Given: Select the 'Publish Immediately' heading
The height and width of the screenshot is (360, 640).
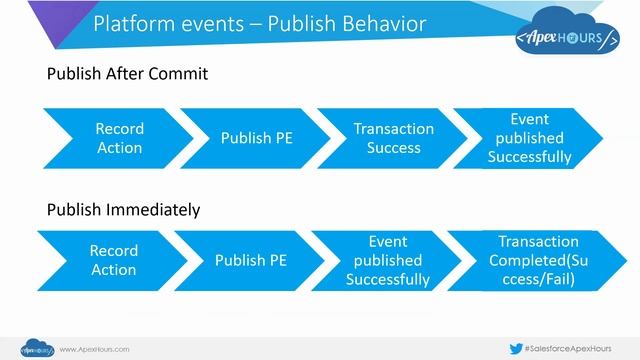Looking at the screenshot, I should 124,210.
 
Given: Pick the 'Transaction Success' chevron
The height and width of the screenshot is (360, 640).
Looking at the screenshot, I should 393,138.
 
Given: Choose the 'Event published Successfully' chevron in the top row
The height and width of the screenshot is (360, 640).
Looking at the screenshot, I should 529,138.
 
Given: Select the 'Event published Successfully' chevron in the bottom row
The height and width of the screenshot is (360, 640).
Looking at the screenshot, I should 386,260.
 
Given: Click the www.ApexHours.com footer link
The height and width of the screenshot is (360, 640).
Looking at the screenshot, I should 95,349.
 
